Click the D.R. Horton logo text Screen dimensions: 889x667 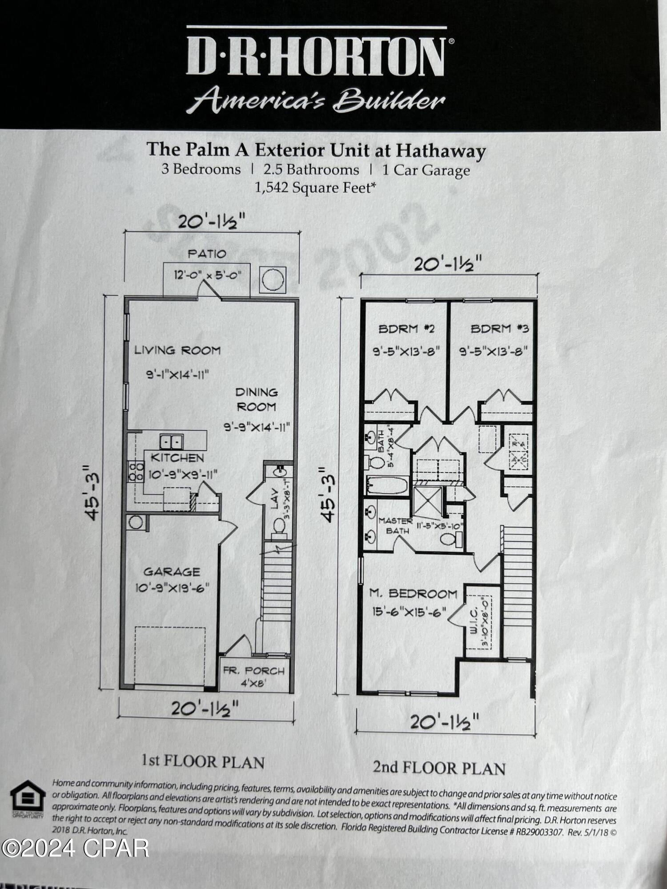click(x=317, y=57)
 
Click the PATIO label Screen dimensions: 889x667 click(x=207, y=254)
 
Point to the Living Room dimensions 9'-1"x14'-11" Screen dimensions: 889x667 click(x=178, y=375)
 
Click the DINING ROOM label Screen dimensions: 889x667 click(x=257, y=399)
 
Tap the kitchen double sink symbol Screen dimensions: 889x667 click(x=171, y=442)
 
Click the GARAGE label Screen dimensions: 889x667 click(x=172, y=572)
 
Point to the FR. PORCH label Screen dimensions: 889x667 click(x=253, y=671)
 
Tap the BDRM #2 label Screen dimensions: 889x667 click(x=406, y=329)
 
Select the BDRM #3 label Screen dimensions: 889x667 click(x=499, y=329)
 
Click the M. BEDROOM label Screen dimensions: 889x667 click(x=413, y=593)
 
